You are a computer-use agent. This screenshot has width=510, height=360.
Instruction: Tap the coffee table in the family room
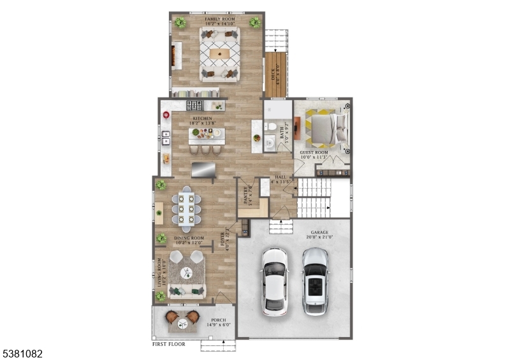[220, 54]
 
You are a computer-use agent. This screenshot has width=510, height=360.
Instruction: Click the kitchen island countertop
[206, 134]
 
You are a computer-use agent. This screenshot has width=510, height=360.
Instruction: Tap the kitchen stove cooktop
[194, 106]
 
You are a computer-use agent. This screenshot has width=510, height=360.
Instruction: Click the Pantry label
[243, 193]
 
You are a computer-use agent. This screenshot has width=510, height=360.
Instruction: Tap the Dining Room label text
[188, 240]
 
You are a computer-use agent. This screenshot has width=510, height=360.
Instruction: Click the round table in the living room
[187, 273]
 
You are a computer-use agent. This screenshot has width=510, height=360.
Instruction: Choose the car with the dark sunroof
[315, 280]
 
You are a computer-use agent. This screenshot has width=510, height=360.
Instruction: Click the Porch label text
[218, 322]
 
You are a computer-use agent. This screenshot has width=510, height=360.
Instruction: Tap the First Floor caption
[169, 344]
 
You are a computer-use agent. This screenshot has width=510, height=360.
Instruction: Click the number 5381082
[22, 352]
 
